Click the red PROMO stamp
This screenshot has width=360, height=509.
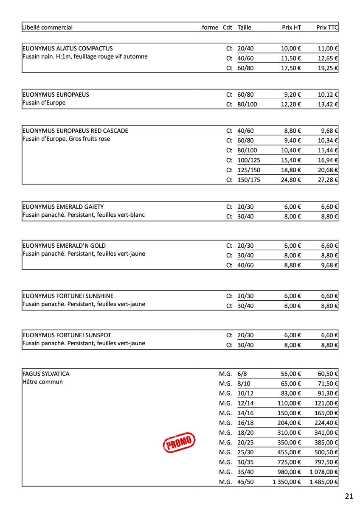pyautogui.click(x=179, y=442)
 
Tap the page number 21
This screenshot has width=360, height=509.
pyautogui.click(x=349, y=496)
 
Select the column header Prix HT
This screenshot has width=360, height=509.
pyautogui.click(x=291, y=28)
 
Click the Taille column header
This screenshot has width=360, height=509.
pyautogui.click(x=245, y=28)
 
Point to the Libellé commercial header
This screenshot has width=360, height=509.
pyautogui.click(x=48, y=28)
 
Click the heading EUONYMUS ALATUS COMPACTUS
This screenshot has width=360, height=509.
pyautogui.click(x=67, y=48)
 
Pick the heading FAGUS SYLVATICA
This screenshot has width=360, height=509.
pyautogui.click(x=46, y=374)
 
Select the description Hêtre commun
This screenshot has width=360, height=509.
pyautogui.click(x=42, y=382)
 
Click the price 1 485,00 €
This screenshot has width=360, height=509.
pyautogui.click(x=323, y=481)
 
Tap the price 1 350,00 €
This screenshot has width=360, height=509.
pyautogui.click(x=287, y=481)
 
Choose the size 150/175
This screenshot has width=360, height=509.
pyautogui.click(x=249, y=179)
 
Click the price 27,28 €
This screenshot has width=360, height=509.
pyautogui.click(x=329, y=179)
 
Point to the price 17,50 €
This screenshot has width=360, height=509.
pyautogui.click(x=291, y=68)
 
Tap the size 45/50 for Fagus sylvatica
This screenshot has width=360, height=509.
pyautogui.click(x=245, y=481)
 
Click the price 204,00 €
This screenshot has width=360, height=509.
pyautogui.click(x=289, y=423)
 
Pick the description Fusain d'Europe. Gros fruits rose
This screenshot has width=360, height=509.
pyautogui.click(x=66, y=139)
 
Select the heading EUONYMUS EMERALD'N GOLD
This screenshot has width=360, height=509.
pyautogui.click(x=64, y=246)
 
